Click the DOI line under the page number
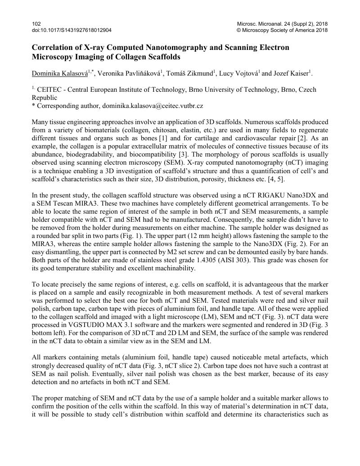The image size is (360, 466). coord(72,31)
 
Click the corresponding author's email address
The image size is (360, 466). coord(153,106)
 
